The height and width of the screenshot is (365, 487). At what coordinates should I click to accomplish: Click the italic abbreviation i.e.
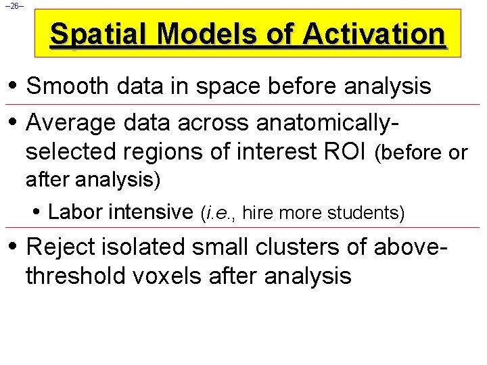click(x=217, y=214)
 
